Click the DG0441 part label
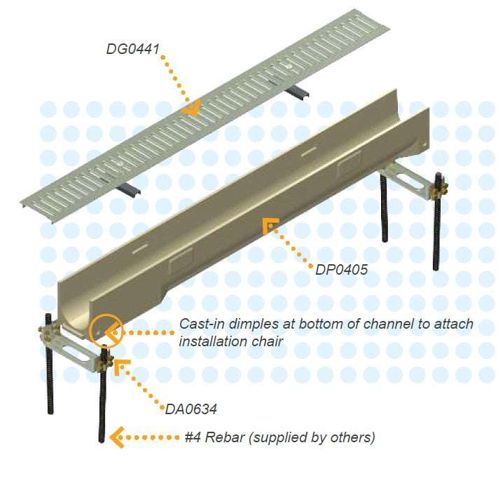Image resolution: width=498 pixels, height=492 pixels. (x=134, y=50)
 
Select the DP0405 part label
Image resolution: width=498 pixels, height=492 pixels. (x=341, y=268)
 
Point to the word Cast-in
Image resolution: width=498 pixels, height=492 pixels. (x=204, y=324)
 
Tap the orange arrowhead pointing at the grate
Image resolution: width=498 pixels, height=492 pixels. (x=190, y=107)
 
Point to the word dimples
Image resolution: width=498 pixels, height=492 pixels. (x=258, y=324)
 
